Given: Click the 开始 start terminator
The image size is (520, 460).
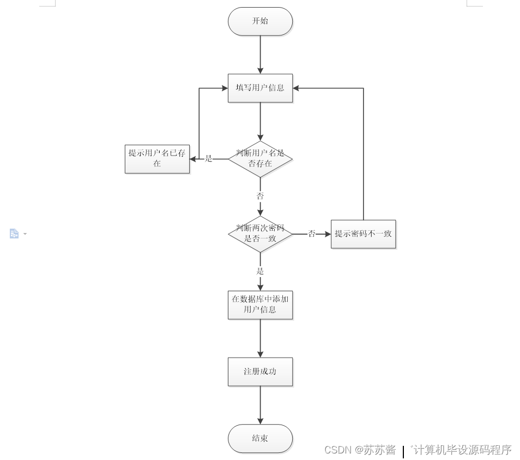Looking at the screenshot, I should pos(260,22).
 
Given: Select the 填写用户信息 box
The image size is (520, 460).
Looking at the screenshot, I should pos(260,88).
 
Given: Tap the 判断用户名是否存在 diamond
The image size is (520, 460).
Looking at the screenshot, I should pos(260,159).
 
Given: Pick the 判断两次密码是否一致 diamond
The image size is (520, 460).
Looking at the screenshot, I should pos(260,234).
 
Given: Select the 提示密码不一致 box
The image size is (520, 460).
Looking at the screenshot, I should pos(363,234).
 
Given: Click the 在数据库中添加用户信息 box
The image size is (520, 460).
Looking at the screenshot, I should pos(260,305).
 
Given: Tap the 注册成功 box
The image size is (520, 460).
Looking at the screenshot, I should pos(260,372).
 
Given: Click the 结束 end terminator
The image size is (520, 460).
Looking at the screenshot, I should pos(260,439).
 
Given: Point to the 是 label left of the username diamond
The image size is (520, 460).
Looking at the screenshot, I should pos(208,159).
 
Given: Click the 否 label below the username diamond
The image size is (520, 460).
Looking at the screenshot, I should pos(260,196).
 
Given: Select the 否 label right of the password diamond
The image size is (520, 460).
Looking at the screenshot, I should pos(312,234).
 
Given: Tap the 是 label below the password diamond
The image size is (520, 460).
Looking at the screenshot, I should pos(260,271).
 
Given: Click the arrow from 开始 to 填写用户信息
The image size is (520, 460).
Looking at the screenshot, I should pos(260,54).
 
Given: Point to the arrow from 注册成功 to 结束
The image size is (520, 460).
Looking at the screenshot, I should pos(260,405).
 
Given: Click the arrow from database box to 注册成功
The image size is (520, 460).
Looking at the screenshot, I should pos(260,338).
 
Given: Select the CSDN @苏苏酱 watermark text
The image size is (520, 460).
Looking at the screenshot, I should pos(360,450).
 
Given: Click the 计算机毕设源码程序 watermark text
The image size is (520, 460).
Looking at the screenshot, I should pos(462,450).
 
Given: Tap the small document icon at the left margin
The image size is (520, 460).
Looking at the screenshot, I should pos(14,234).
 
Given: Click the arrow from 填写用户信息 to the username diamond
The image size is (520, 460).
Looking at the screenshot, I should pos(260,121).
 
